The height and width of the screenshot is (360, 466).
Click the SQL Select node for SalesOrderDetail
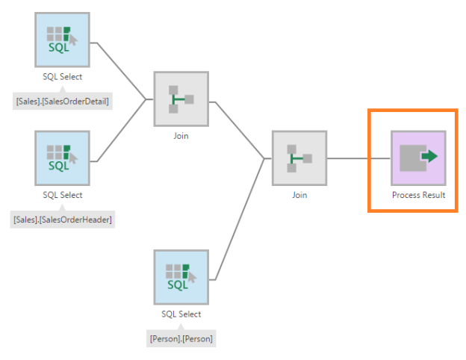point(62,40)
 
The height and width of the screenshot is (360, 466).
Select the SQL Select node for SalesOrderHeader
point(62,158)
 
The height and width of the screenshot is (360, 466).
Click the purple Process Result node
point(418,158)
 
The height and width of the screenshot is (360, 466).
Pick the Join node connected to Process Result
point(299,158)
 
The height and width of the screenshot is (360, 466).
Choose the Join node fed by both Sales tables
point(181,99)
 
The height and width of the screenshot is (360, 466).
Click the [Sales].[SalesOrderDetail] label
point(62,100)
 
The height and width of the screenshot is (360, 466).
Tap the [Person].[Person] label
point(181,338)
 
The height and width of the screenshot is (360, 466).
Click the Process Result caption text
point(418,195)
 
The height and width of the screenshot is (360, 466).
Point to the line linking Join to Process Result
point(358,158)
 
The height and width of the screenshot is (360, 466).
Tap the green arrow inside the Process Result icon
point(429,157)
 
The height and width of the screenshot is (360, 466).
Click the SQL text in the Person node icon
point(178,285)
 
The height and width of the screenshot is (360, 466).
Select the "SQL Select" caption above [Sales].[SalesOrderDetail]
point(62,76)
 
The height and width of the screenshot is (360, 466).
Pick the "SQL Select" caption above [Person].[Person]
point(181,314)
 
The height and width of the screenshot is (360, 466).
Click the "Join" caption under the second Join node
point(299,195)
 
